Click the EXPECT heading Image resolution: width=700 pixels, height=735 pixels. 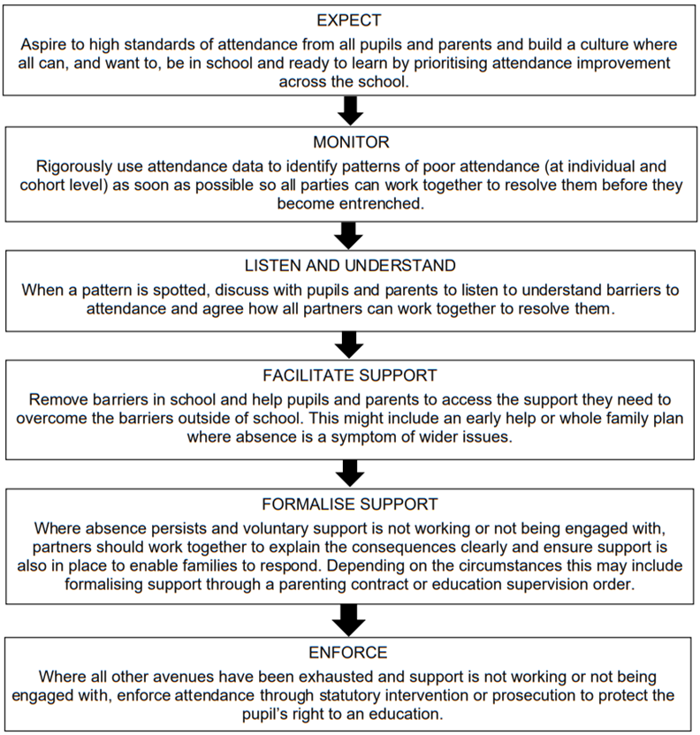click(349, 20)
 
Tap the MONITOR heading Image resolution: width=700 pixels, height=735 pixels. click(351, 142)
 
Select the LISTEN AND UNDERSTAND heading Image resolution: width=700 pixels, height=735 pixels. click(350, 265)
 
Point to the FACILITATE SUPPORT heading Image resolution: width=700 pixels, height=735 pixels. click(350, 375)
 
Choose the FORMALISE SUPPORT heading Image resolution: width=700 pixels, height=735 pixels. click(350, 504)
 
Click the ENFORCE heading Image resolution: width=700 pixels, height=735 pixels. click(348, 653)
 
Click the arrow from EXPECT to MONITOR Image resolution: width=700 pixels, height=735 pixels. click(350, 110)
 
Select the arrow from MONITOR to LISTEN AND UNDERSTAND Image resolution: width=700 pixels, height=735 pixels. click(349, 236)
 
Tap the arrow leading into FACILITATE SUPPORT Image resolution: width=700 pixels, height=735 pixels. click(349, 345)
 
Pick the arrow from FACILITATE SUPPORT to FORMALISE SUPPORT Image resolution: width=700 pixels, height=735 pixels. click(350, 474)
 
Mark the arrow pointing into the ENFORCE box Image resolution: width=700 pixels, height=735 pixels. click(349, 620)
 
